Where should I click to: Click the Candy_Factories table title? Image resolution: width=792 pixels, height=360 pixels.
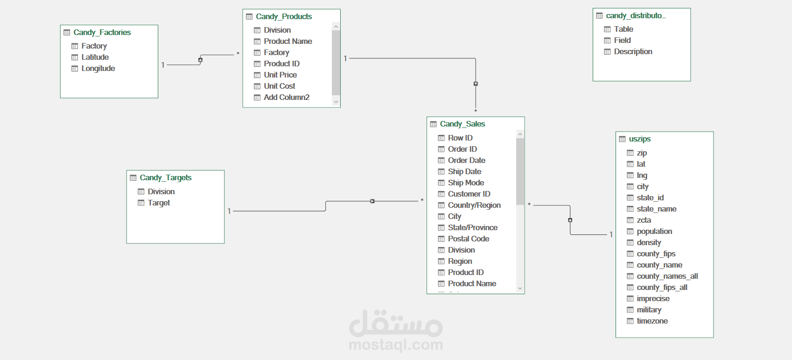(102, 32)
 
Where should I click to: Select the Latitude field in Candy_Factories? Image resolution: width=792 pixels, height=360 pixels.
(95, 57)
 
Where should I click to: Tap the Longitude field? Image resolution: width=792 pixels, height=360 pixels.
(98, 68)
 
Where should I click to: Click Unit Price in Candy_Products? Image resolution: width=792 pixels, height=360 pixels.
(280, 75)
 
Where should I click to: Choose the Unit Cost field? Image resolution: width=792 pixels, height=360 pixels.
(279, 86)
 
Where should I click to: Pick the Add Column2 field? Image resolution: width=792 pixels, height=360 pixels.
(286, 97)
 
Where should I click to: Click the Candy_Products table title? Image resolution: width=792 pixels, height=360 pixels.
(283, 16)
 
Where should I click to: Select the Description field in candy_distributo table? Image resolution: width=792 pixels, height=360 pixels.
(633, 51)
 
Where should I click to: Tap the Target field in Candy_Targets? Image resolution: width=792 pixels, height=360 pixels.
(159, 203)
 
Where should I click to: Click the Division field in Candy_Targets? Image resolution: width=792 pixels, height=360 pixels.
(161, 191)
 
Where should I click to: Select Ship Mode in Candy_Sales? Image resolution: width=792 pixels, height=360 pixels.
(465, 183)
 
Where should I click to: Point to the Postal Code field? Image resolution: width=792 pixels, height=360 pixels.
(468, 239)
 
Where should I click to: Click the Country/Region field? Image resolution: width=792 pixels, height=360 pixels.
(474, 205)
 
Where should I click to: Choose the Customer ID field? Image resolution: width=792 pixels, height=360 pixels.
(469, 194)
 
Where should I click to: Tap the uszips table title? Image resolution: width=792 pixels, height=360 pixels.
(639, 139)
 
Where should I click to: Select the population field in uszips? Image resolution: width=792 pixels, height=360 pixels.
(654, 231)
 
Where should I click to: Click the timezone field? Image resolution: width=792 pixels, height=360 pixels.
(652, 321)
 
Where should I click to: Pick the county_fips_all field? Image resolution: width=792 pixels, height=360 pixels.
(662, 287)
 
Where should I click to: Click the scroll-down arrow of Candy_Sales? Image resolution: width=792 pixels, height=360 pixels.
(520, 289)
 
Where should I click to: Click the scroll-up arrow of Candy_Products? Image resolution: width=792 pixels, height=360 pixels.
(336, 27)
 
